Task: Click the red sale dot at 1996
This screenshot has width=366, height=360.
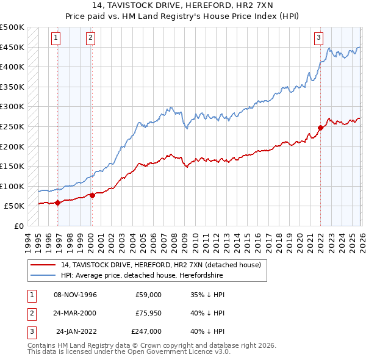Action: coord(57,203)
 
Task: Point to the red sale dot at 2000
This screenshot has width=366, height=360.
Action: coord(92,195)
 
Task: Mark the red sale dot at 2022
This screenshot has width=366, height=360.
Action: coord(320,128)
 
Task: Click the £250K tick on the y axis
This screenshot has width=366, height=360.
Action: coord(12,126)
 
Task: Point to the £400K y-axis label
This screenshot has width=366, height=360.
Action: coord(12,67)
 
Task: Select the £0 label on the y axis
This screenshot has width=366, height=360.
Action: coord(18,226)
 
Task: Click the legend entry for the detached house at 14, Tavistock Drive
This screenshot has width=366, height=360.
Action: coord(161,265)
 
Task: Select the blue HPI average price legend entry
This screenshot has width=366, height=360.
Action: coord(142,275)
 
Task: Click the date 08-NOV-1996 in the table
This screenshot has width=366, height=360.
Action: coord(75,295)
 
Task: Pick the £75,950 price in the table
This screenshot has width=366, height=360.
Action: coord(146,313)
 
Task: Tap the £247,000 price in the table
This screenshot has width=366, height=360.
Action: coord(146,331)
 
